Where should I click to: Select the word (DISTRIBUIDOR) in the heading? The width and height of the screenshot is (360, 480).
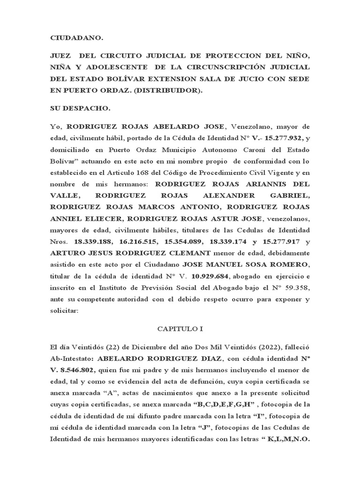(174, 91)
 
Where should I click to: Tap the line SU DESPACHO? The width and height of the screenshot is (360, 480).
(80, 109)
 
